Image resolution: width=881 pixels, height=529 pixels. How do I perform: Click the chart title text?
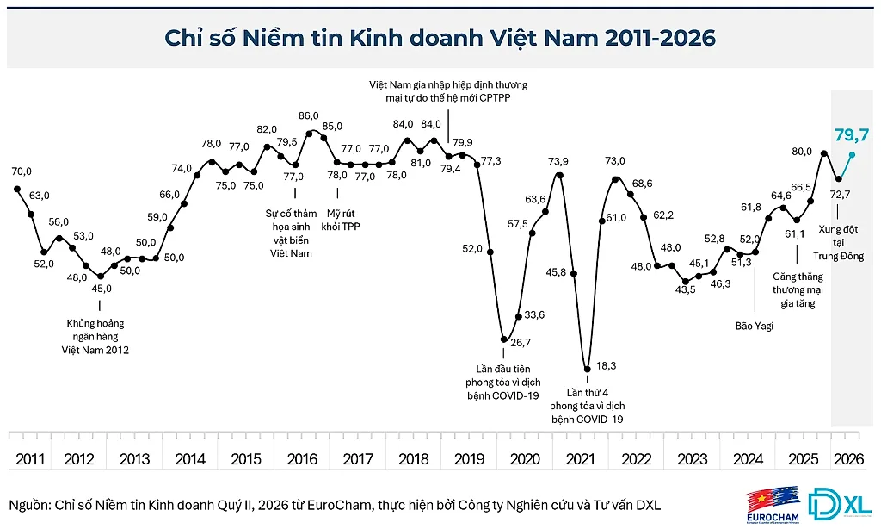[x=440, y=38]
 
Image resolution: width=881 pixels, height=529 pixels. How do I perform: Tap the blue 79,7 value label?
[x=851, y=134]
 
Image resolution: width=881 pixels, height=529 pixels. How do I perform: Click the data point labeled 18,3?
[x=588, y=369]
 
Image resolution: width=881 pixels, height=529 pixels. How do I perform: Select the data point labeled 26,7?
[x=504, y=340]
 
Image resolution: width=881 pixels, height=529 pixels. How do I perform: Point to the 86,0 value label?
[x=309, y=116]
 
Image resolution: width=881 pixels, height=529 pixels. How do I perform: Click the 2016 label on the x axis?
[x=302, y=459]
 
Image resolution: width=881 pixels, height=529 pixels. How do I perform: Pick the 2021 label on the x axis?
[x=581, y=459]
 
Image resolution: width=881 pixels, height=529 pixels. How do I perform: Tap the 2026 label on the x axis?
[x=848, y=459]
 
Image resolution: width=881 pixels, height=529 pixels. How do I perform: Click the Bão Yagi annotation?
[x=754, y=326]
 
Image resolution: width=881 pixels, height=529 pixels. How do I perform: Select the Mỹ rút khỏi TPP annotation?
[x=341, y=220]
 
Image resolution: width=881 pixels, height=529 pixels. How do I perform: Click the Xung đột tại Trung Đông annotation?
[x=838, y=243]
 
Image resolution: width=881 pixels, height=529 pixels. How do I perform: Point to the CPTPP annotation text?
[x=447, y=91]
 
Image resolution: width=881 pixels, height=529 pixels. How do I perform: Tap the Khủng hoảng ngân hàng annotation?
[x=95, y=337]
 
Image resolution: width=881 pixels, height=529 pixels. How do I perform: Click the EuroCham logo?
[x=773, y=504]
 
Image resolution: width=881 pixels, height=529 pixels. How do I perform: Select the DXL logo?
[x=840, y=503]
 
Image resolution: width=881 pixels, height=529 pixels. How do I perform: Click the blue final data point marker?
[x=853, y=155]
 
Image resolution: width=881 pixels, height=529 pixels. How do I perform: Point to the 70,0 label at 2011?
[x=22, y=171]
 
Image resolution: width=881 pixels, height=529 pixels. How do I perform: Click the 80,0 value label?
[x=802, y=152]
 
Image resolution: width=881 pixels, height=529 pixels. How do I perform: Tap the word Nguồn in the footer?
[x=28, y=506]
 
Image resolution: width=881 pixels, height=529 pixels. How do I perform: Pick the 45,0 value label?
[x=102, y=289]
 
